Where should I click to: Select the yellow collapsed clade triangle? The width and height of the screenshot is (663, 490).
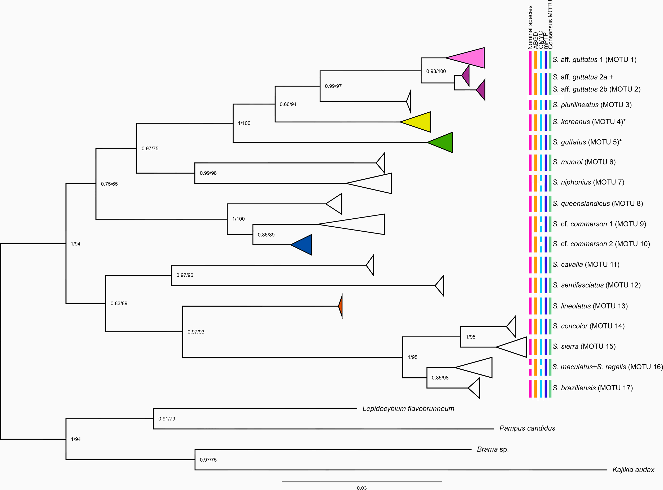coord(420,122)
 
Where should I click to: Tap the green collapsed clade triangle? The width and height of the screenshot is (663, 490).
coord(444,142)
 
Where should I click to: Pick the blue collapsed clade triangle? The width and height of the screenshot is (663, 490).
coord(304,245)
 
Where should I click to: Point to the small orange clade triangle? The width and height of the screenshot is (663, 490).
coord(341,306)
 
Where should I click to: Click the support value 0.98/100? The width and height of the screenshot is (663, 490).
coord(436,71)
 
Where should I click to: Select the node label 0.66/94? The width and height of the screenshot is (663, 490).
coord(288,104)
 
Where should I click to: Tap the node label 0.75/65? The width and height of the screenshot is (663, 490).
coord(109,184)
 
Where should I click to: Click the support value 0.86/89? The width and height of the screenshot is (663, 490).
coord(266,235)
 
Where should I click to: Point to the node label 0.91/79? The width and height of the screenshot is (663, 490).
coord(167,419)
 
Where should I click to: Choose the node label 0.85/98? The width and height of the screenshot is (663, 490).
coord(440,378)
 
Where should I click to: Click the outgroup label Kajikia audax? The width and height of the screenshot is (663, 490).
coord(633,470)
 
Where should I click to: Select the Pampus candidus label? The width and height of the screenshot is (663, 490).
coord(527,428)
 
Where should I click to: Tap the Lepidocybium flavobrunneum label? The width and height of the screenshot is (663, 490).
coord(408,409)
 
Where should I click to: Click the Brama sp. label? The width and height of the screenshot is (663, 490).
coord(493,449)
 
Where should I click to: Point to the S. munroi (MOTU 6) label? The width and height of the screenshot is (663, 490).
coord(584,162)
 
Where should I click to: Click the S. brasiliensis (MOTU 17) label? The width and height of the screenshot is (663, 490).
coord(592,388)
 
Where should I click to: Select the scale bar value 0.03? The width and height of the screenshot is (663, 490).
coord(361,488)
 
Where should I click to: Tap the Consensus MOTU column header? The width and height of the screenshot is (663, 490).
coord(550,25)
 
